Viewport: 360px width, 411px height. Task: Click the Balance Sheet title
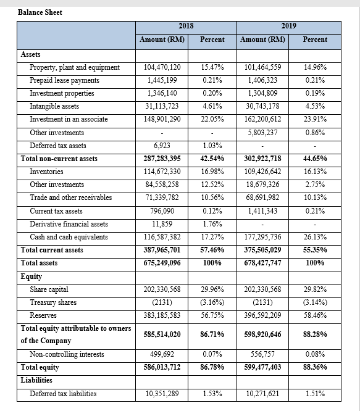pyautogui.click(x=40, y=12)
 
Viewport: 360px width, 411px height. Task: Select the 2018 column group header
pyautogui.click(x=186, y=26)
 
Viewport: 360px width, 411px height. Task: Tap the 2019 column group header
pyautogui.click(x=288, y=26)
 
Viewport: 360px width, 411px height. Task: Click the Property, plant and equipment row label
pyautogui.click(x=75, y=67)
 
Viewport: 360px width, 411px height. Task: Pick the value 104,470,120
pyautogui.click(x=162, y=67)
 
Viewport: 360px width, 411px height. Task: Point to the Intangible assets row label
pyautogui.click(x=54, y=106)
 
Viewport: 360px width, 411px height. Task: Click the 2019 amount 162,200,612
pyautogui.click(x=263, y=119)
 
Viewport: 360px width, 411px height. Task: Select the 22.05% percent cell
pyautogui.click(x=212, y=119)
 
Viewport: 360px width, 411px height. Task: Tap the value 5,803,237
pyautogui.click(x=263, y=133)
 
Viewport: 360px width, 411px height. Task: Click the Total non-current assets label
pyautogui.click(x=59, y=159)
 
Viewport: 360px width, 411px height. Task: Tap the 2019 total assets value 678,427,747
pyautogui.click(x=263, y=263)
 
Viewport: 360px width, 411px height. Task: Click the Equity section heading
pyautogui.click(x=31, y=276)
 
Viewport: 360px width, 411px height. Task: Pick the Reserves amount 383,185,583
pyautogui.click(x=162, y=315)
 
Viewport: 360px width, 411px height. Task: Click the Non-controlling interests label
pyautogui.click(x=67, y=354)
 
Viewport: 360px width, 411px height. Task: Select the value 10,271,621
pyautogui.click(x=263, y=394)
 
